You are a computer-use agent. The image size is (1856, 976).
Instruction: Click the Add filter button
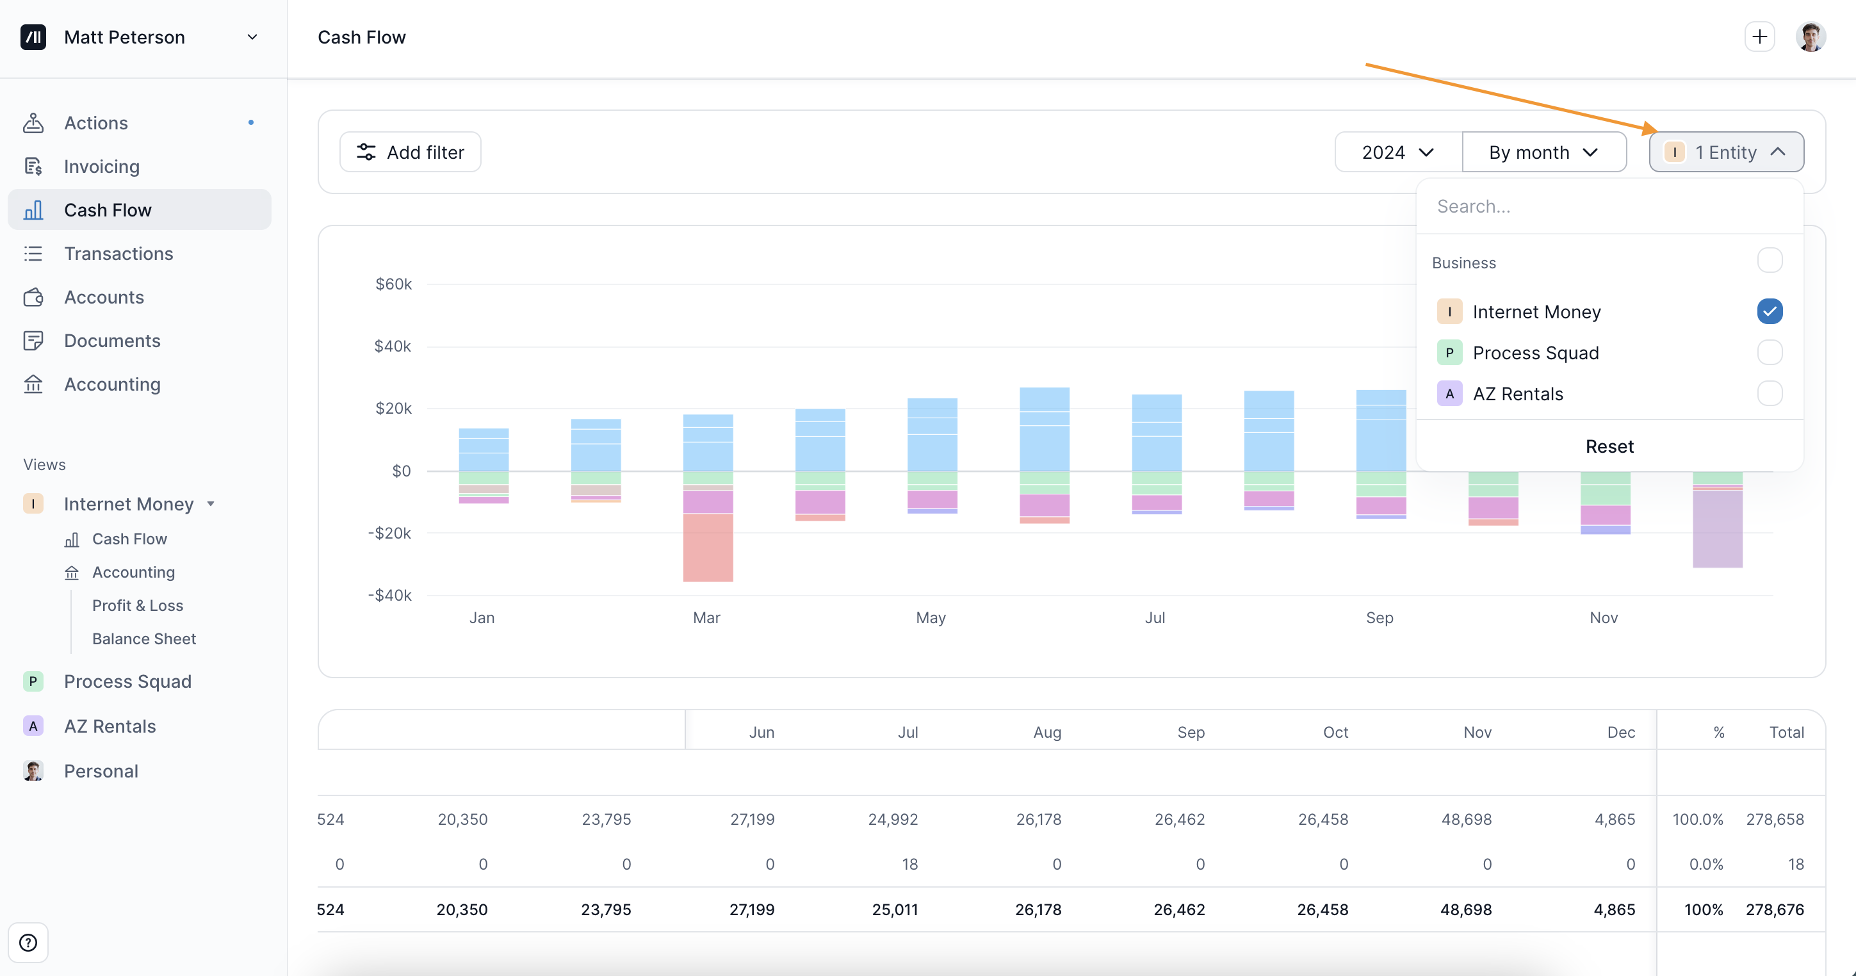[x=410, y=152]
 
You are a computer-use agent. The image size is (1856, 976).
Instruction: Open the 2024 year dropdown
[x=1397, y=152]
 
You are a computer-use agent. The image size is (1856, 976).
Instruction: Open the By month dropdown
[x=1543, y=152]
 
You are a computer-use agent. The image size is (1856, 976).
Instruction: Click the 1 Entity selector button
[x=1725, y=152]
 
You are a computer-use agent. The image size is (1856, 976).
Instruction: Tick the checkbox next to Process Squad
[x=1769, y=353]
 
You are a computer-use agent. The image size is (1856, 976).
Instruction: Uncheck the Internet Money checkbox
[x=1769, y=311]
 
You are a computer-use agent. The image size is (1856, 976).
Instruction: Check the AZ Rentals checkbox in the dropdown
[x=1769, y=393]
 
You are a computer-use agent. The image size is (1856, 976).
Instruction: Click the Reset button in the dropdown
[x=1609, y=446]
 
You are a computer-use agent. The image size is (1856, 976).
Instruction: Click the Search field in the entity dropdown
[x=1609, y=207]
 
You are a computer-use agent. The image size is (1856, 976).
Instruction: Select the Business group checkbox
[x=1769, y=260]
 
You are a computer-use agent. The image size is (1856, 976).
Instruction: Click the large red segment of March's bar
[x=708, y=548]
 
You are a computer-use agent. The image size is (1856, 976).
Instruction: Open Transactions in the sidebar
[x=118, y=254]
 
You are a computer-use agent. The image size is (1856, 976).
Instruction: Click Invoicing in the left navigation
[x=102, y=167]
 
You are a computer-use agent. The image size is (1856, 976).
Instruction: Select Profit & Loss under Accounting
[x=138, y=606]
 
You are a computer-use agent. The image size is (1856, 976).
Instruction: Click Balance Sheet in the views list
[x=144, y=639]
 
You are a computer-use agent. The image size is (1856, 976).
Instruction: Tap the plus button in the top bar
[x=1759, y=37]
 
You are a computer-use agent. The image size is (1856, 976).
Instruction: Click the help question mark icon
[x=28, y=942]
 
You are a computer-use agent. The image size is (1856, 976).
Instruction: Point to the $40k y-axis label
[x=393, y=346]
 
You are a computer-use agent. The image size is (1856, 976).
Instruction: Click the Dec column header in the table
[x=1620, y=732]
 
